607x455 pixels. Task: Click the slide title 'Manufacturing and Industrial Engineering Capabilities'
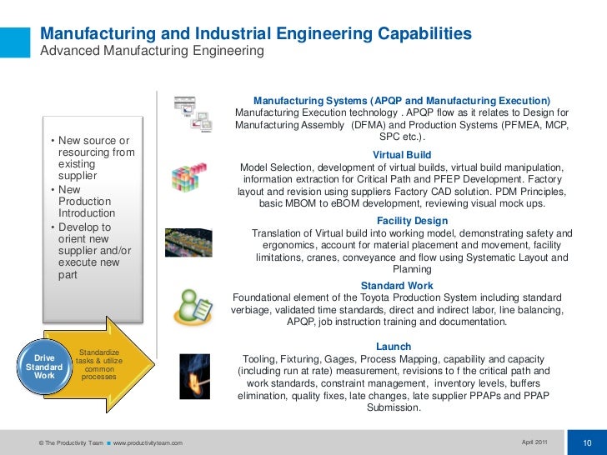(x=256, y=34)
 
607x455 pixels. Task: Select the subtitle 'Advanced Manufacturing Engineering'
(x=153, y=52)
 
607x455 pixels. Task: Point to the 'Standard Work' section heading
(x=397, y=286)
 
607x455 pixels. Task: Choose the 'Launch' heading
(x=394, y=346)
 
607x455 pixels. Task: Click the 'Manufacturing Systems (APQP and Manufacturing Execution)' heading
(x=402, y=100)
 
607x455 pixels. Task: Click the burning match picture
(x=194, y=375)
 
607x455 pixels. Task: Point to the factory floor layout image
(x=193, y=242)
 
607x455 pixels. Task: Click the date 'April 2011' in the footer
(x=534, y=441)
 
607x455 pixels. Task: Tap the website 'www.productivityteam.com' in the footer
(x=148, y=442)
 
